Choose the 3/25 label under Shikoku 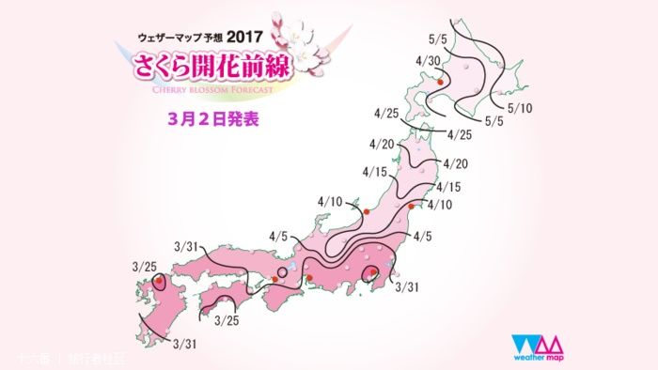(x=227, y=321)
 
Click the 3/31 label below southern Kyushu (x=184, y=345)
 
